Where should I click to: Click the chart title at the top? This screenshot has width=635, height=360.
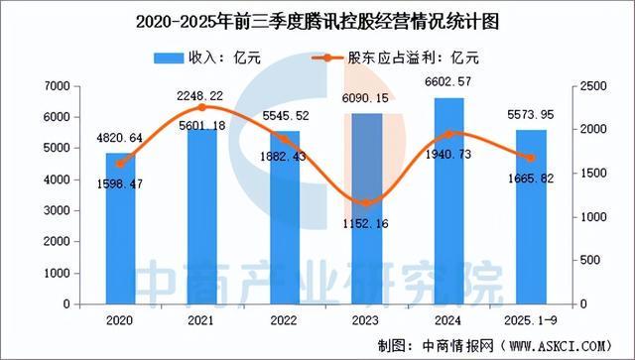point(317,19)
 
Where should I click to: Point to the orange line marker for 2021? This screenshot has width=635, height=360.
point(201,107)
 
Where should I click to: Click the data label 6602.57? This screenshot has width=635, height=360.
point(451,82)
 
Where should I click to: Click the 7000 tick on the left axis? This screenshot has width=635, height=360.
point(56,87)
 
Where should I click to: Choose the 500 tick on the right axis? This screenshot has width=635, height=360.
point(590,260)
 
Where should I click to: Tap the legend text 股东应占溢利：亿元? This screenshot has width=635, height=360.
point(413,59)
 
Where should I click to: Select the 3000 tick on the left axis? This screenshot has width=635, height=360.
point(56,210)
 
